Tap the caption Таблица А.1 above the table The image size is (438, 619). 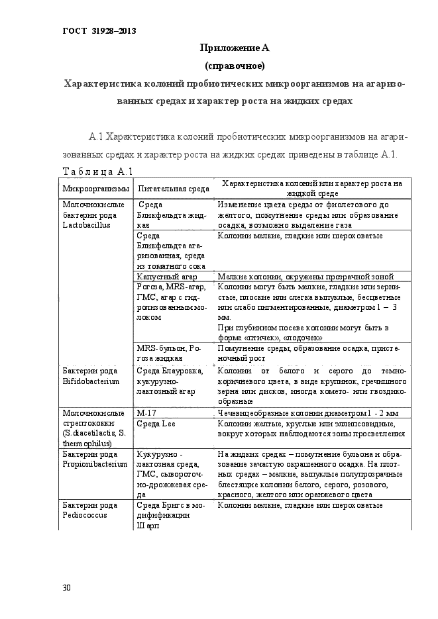(98, 172)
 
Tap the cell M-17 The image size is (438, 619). (146, 412)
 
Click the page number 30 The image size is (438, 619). (66, 588)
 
